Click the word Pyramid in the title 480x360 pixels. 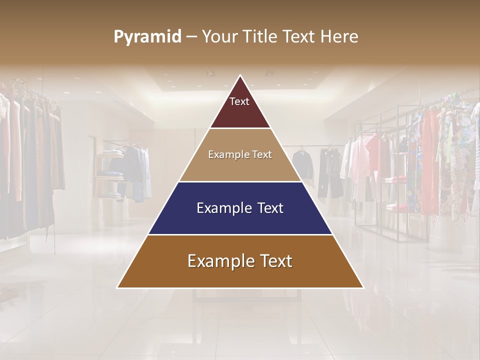click(147, 37)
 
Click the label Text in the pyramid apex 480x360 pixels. click(239, 101)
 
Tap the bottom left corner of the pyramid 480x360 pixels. click(118, 287)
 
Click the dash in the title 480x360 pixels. click(191, 37)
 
